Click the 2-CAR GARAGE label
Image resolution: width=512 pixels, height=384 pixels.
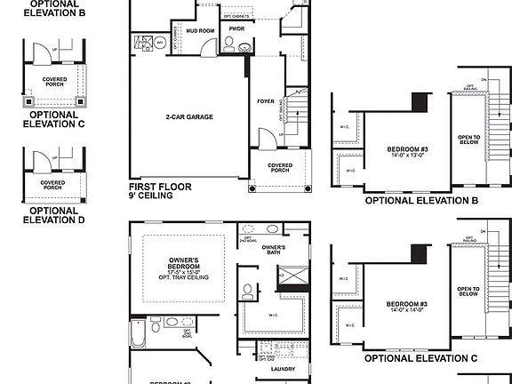point(188,116)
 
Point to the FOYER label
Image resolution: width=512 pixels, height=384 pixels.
point(266,101)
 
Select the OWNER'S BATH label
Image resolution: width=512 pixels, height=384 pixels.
point(273,251)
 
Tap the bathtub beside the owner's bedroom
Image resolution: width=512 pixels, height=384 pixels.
point(138,335)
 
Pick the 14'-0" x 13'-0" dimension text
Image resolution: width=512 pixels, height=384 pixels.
point(407,155)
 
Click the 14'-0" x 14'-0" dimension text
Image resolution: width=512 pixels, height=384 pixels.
point(407,311)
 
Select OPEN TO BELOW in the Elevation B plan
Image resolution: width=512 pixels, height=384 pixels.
point(469,142)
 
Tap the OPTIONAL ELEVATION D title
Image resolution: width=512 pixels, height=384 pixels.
point(53,215)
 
